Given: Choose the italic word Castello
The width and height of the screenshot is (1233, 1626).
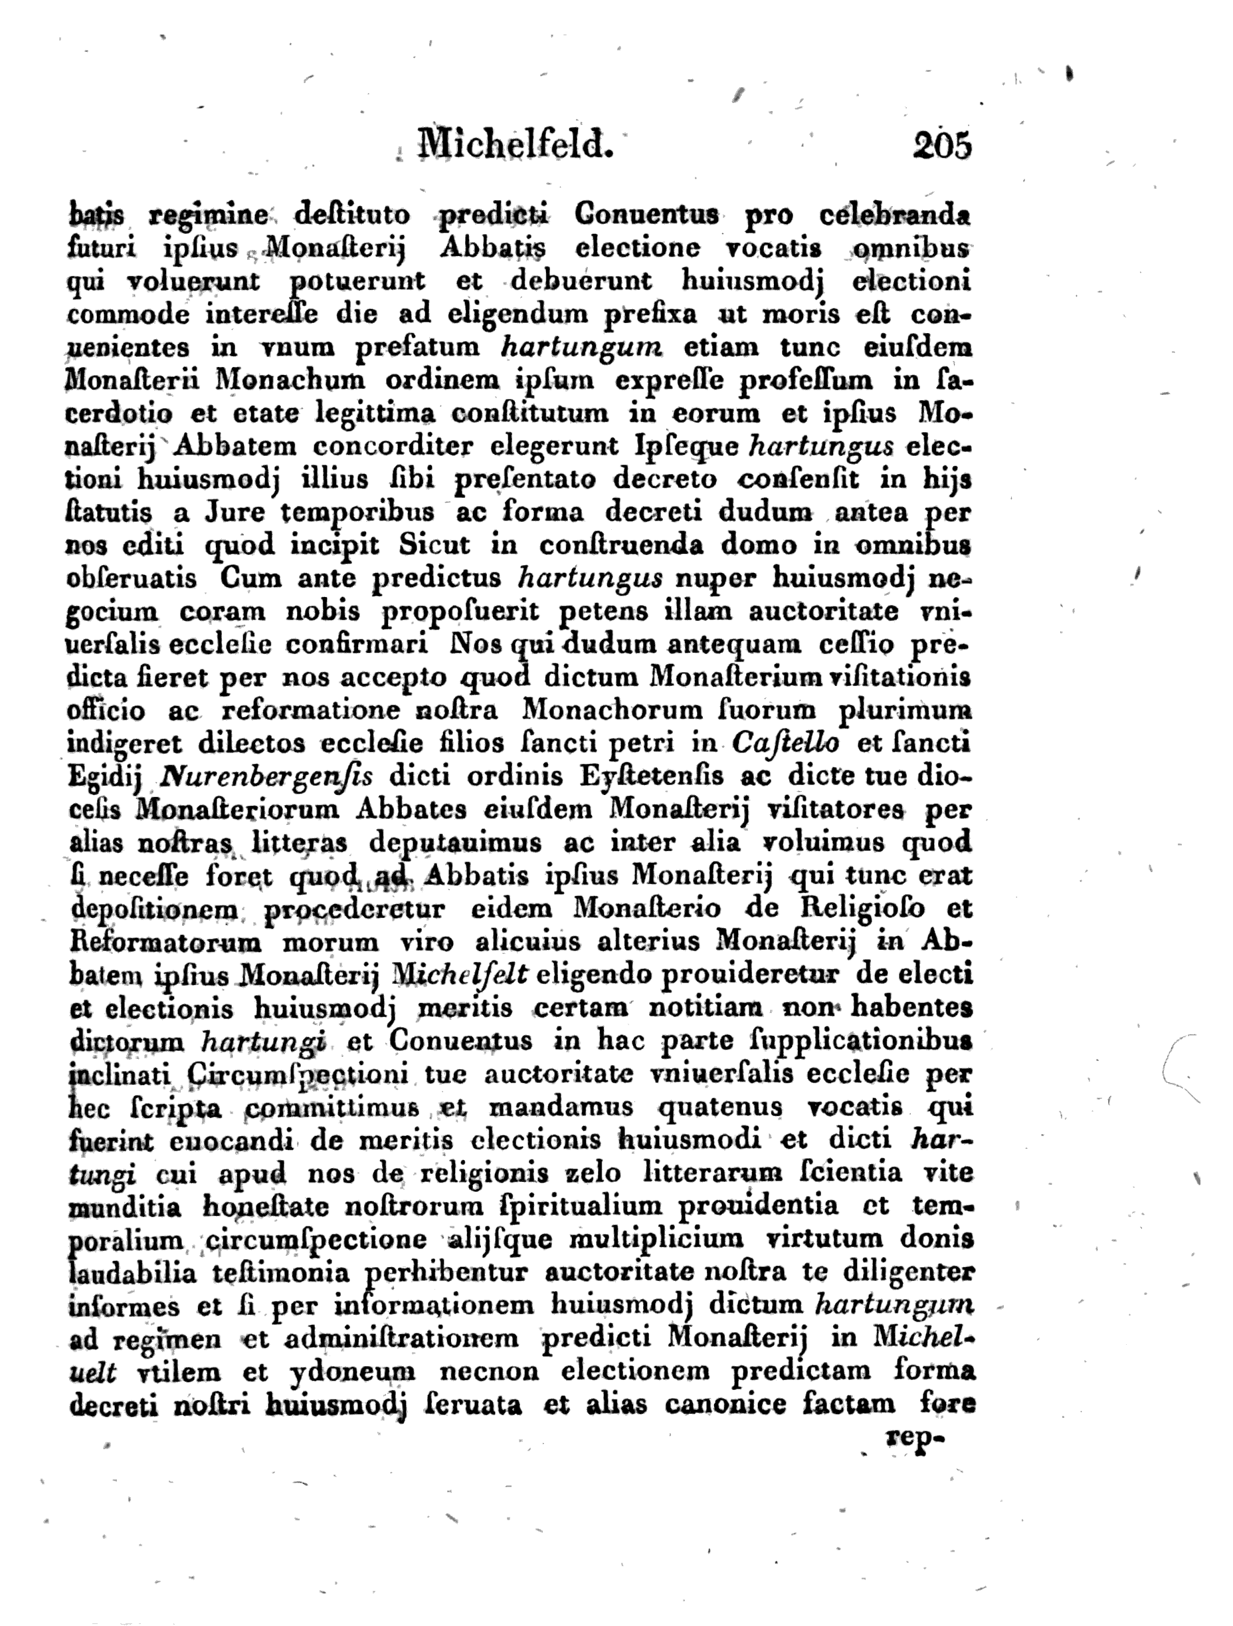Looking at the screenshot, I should [785, 743].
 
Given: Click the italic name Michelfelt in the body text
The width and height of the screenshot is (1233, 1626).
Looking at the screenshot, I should [461, 975].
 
